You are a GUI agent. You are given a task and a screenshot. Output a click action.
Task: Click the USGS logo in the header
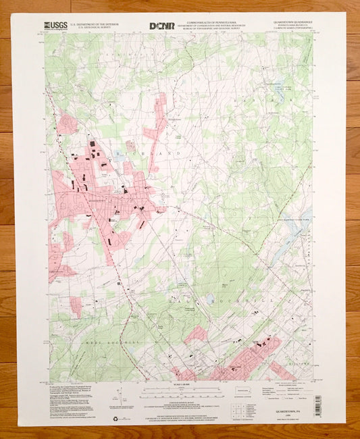tap(53, 26)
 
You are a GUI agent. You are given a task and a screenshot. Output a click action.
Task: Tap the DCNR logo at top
tap(162, 26)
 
